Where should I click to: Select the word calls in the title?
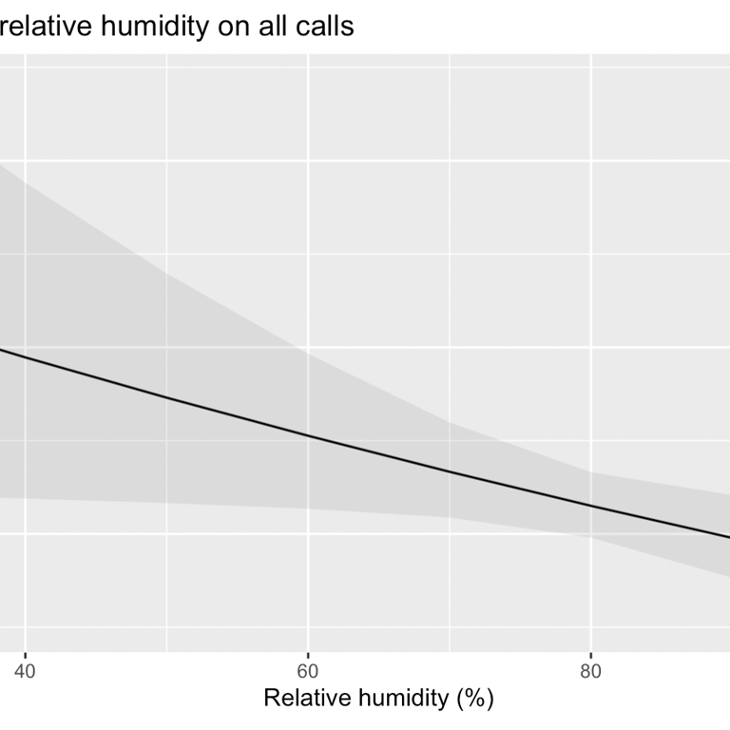(324, 27)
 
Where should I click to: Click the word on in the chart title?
(231, 27)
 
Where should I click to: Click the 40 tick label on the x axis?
(25, 671)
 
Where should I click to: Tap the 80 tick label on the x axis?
(591, 671)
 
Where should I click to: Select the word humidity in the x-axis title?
(404, 699)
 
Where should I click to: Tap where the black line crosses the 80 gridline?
(591, 506)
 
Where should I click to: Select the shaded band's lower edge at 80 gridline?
(591, 537)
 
